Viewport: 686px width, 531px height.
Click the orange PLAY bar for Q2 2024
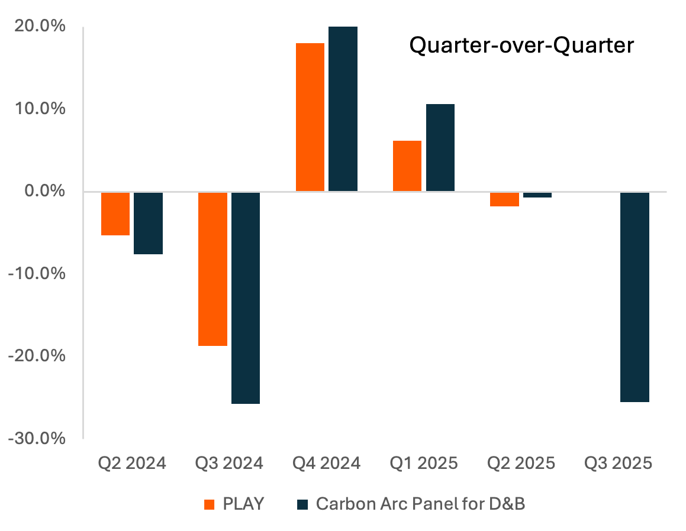[x=115, y=213]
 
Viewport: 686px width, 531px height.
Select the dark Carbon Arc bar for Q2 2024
[x=148, y=223]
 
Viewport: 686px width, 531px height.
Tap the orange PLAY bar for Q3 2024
[x=212, y=268]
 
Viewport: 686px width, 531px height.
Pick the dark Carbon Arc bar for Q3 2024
[x=246, y=297]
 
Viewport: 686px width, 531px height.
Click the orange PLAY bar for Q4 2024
[x=310, y=117]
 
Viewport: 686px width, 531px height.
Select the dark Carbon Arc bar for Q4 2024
[x=343, y=109]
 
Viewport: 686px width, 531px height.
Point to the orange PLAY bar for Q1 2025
[x=407, y=166]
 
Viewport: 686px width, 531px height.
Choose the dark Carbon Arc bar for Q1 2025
[x=440, y=148]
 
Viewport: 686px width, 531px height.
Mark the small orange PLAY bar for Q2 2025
[x=505, y=199]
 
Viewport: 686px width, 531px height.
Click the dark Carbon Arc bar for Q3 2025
[x=635, y=297]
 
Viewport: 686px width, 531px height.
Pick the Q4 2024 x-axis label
[x=326, y=463]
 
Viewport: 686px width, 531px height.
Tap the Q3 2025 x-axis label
[x=618, y=463]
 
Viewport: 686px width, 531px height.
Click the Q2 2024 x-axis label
[x=131, y=463]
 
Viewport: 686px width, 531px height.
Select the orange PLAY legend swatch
[x=209, y=504]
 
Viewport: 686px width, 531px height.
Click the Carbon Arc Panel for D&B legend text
[x=420, y=504]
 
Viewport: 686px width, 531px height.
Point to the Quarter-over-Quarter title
[x=521, y=46]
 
